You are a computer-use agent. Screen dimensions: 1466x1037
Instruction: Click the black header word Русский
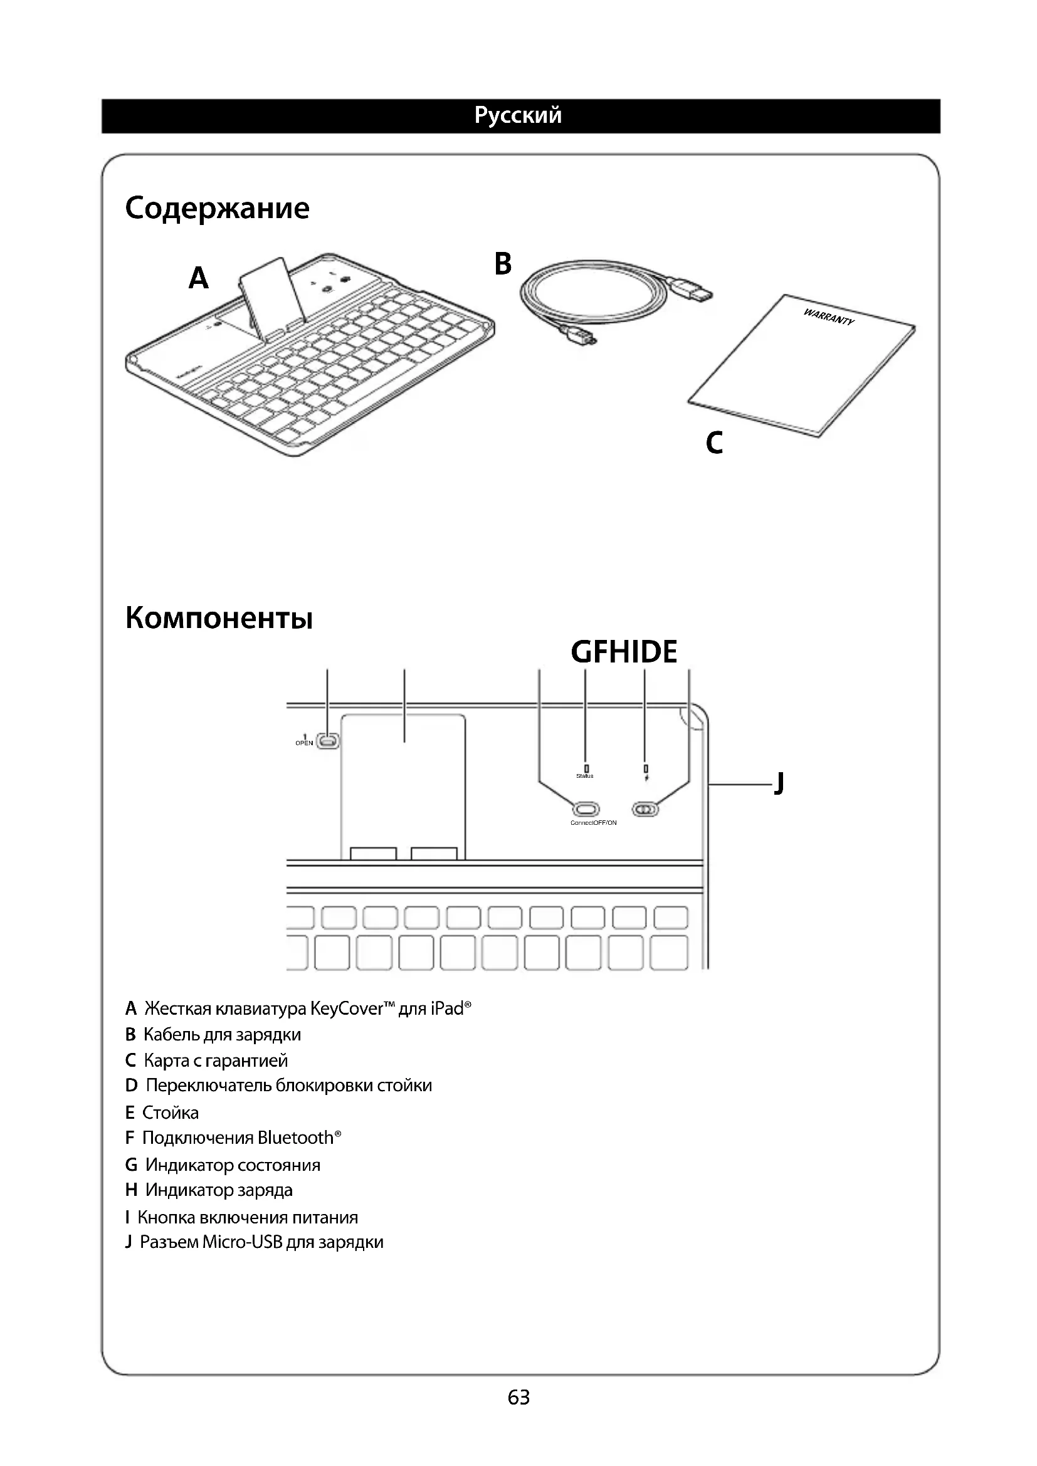(x=518, y=115)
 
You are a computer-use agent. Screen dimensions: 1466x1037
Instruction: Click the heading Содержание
(x=217, y=208)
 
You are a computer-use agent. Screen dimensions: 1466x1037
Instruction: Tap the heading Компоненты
(x=219, y=618)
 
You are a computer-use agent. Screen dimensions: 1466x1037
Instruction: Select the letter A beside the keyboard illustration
(x=199, y=278)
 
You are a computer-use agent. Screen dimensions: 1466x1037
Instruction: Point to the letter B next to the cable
(x=503, y=264)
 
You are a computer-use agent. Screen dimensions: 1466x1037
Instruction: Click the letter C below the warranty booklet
(x=715, y=442)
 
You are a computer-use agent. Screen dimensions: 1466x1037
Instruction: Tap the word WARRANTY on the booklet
(x=828, y=317)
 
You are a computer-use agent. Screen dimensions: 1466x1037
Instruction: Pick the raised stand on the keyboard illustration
(x=271, y=295)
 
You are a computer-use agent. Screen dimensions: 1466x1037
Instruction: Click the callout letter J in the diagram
(x=779, y=783)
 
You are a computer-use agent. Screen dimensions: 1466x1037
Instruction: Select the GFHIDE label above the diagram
(x=624, y=652)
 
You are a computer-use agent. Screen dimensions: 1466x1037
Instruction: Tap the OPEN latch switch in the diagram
(x=328, y=741)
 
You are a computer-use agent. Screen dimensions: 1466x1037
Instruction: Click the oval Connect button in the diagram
(x=586, y=809)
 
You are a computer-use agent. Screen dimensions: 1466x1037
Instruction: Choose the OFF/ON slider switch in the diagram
(x=645, y=810)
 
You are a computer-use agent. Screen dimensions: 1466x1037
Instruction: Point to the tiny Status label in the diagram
(x=585, y=776)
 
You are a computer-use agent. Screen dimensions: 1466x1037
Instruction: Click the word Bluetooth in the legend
(x=295, y=1138)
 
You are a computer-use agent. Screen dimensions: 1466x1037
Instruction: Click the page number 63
(x=518, y=1398)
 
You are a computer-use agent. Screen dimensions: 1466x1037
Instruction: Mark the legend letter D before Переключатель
(x=131, y=1086)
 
